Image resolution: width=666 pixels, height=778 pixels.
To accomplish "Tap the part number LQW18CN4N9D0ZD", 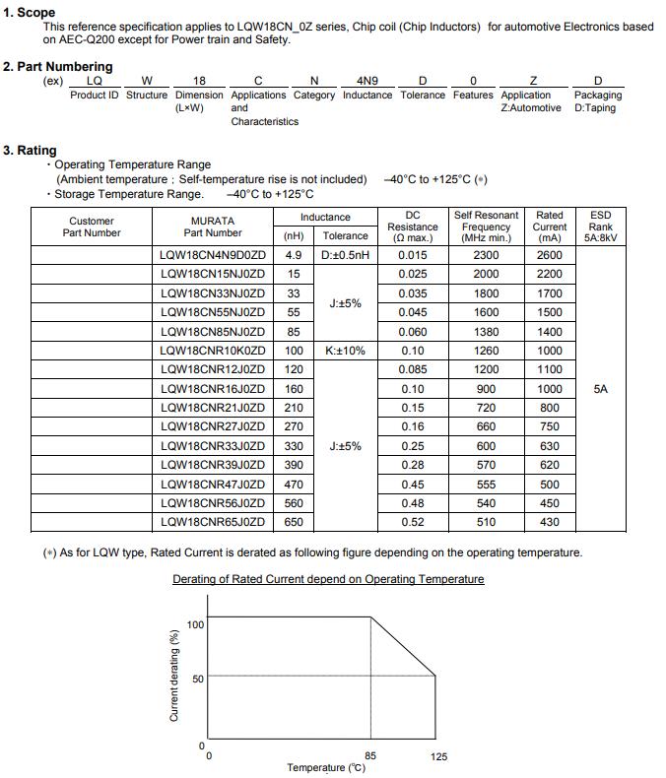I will [212, 255].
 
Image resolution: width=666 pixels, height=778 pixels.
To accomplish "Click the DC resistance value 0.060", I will [413, 332].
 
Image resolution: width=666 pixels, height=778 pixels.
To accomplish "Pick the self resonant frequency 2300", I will [486, 255].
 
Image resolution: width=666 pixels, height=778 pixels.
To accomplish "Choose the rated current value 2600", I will [550, 255].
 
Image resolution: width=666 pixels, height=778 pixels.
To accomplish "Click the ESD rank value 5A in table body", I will [601, 389].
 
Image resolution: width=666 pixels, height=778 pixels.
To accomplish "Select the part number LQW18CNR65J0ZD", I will [212, 522].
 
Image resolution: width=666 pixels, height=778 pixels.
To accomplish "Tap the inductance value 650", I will [294, 522].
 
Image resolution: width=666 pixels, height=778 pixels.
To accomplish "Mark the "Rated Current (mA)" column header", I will [550, 227].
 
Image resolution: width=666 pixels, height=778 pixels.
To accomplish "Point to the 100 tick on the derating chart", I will [195, 624].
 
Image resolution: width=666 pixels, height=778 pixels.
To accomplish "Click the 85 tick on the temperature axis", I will [369, 755].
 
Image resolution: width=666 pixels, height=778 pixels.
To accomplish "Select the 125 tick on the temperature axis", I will [438, 755].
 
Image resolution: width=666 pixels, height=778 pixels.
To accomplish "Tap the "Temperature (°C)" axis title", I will [326, 768].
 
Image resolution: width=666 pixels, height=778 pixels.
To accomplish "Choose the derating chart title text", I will [328, 579].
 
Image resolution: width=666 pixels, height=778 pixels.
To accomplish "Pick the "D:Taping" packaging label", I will [596, 108].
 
